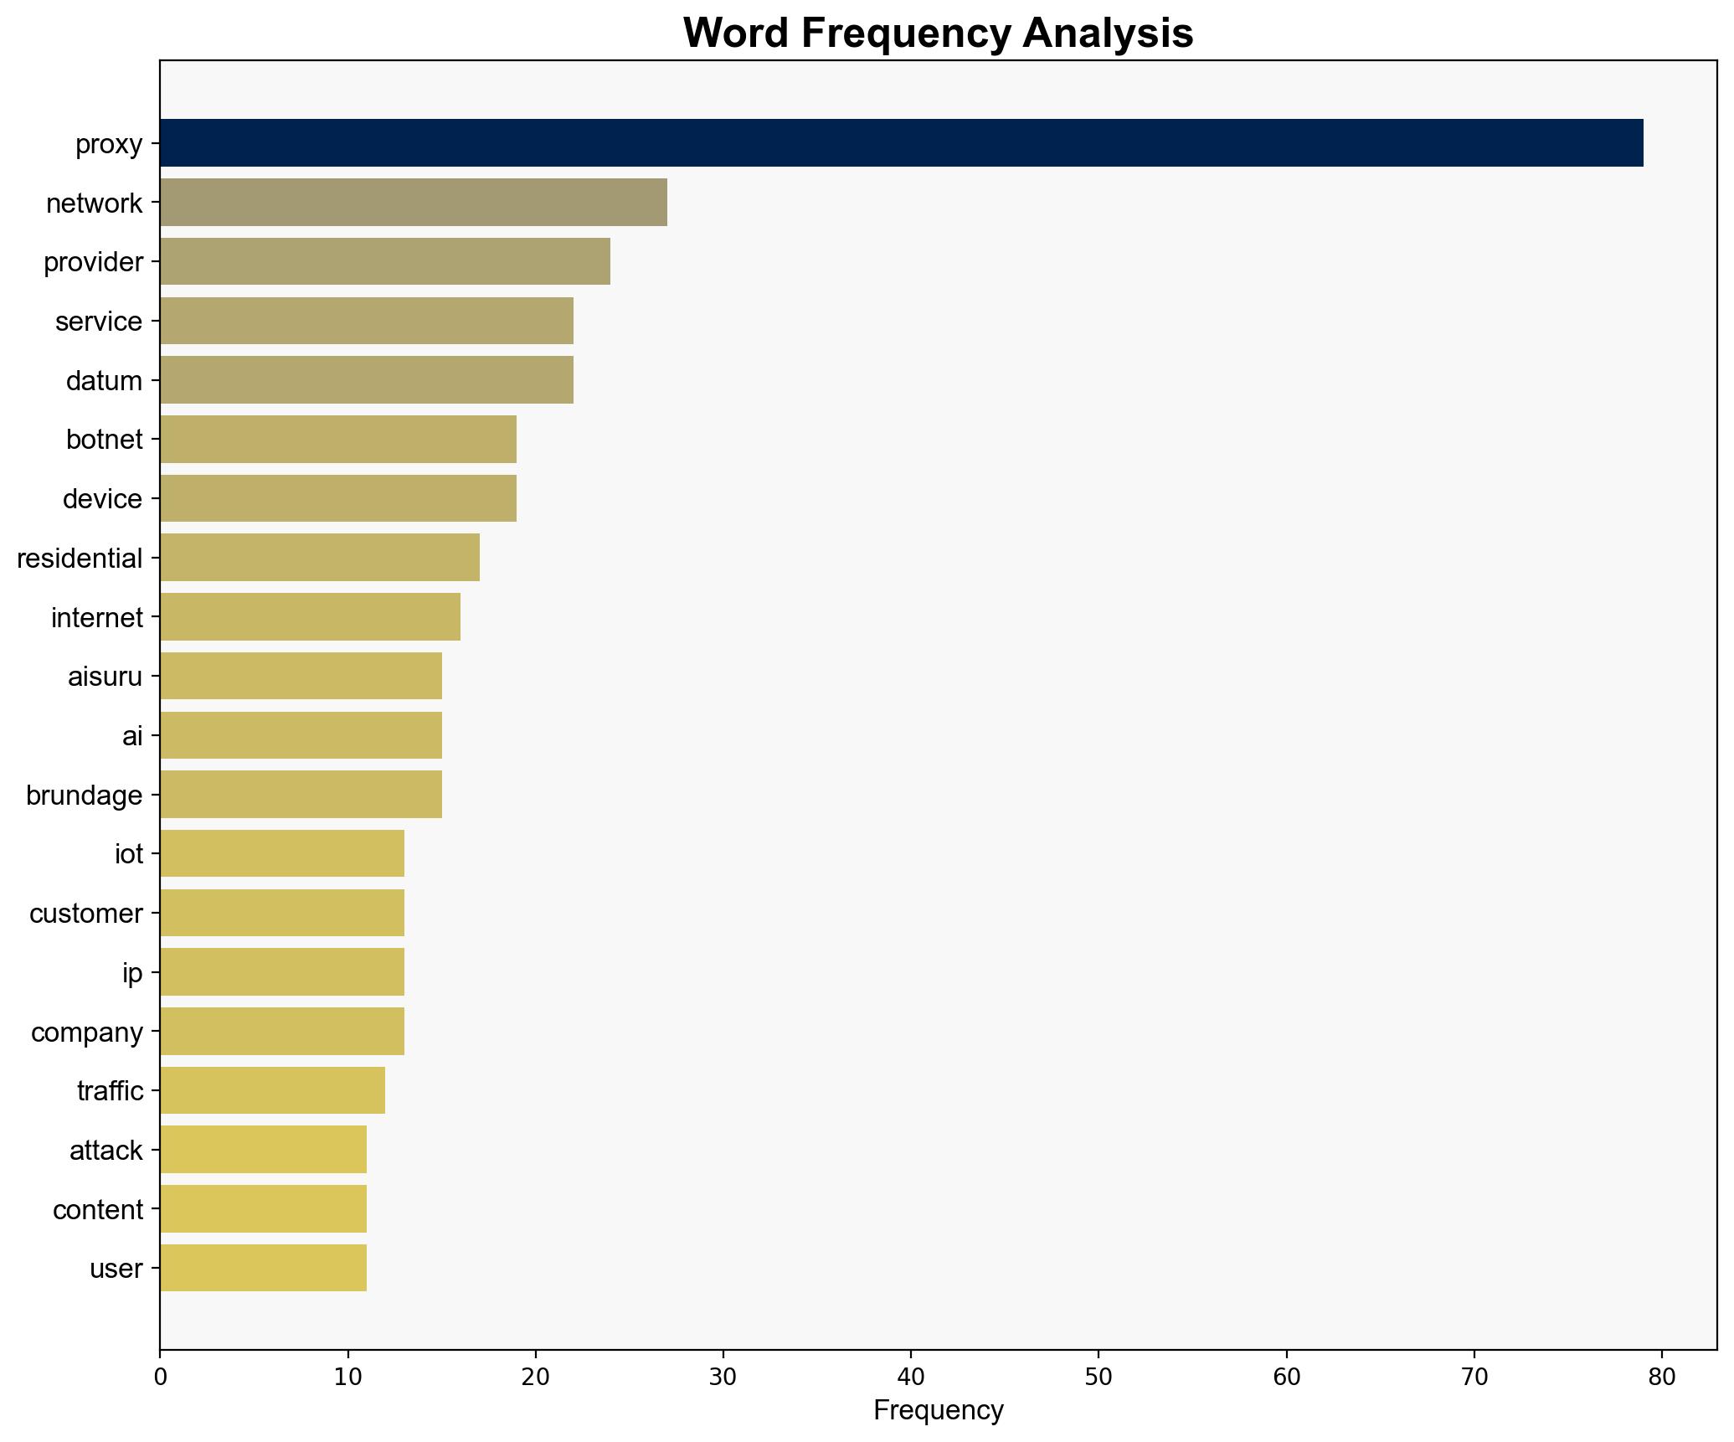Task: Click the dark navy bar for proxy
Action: point(901,143)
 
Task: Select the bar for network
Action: point(413,203)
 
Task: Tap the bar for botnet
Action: point(337,440)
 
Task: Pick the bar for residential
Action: point(319,558)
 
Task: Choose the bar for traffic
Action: point(272,1090)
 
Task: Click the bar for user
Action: point(263,1268)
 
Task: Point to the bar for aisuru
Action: point(301,676)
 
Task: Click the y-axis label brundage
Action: point(84,795)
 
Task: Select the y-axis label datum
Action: point(104,381)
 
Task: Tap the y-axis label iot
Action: point(128,854)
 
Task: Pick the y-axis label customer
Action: point(85,914)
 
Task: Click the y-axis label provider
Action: point(93,262)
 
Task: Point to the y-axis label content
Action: point(97,1209)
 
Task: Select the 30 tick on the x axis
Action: point(723,1378)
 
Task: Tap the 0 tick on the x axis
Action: point(160,1378)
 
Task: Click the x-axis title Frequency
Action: point(938,1411)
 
